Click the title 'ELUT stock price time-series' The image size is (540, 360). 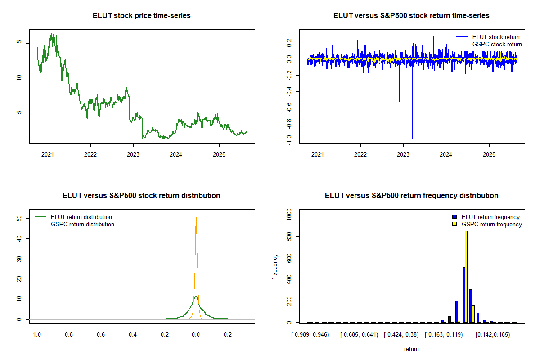coord(142,16)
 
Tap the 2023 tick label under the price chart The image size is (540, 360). coord(133,154)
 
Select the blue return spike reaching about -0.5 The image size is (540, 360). coord(400,100)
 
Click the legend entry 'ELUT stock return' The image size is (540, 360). coord(495,37)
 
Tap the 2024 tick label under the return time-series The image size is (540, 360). coord(446,154)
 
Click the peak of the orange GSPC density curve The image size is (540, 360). coord(196,216)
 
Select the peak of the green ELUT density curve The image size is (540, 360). coord(195,296)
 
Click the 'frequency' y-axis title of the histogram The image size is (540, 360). coord(275,266)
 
